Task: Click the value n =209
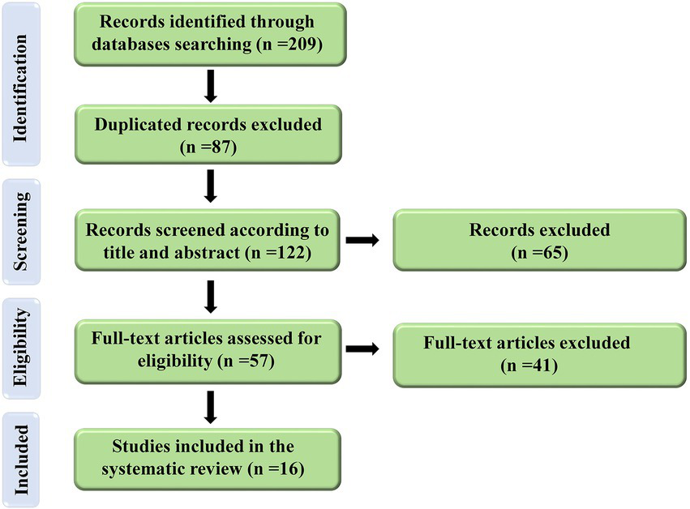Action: point(288,45)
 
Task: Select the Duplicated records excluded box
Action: point(208,135)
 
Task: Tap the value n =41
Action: point(526,366)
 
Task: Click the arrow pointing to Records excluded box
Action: point(362,240)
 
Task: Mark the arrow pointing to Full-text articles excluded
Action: point(362,349)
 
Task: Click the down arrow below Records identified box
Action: point(211,88)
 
